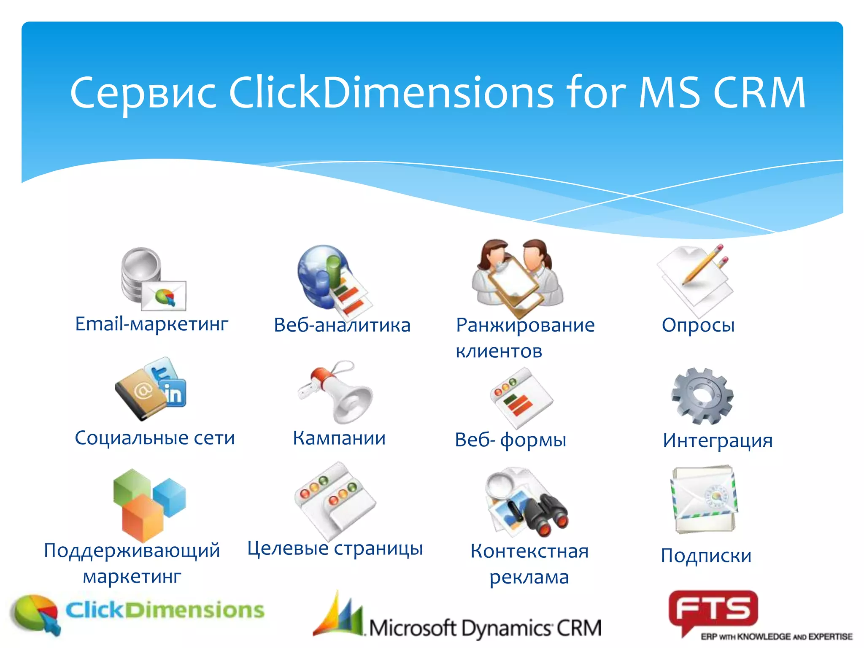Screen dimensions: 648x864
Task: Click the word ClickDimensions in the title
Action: (x=391, y=92)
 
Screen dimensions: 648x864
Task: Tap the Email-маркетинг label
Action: (x=151, y=324)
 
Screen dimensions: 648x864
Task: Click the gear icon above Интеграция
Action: (x=702, y=395)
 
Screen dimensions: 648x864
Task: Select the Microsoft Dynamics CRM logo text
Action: (x=484, y=628)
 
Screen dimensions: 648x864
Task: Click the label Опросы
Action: (x=698, y=325)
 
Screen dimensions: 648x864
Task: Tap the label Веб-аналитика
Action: (x=342, y=325)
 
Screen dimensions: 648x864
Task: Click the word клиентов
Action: (x=499, y=351)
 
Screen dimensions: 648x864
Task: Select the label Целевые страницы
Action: (x=335, y=548)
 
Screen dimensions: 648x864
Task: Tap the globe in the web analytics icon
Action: (x=314, y=272)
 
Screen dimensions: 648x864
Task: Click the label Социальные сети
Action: (x=154, y=438)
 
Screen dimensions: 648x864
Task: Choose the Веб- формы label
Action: (x=510, y=440)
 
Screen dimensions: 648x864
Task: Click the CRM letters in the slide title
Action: (x=759, y=92)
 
